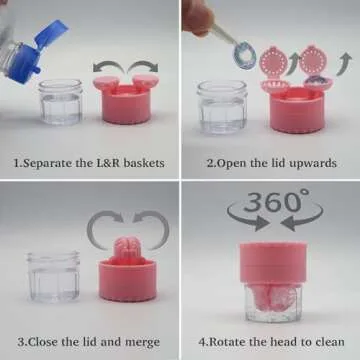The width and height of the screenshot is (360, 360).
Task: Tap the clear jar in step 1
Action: [x=62, y=102]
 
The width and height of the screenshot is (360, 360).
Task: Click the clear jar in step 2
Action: [x=222, y=104]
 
